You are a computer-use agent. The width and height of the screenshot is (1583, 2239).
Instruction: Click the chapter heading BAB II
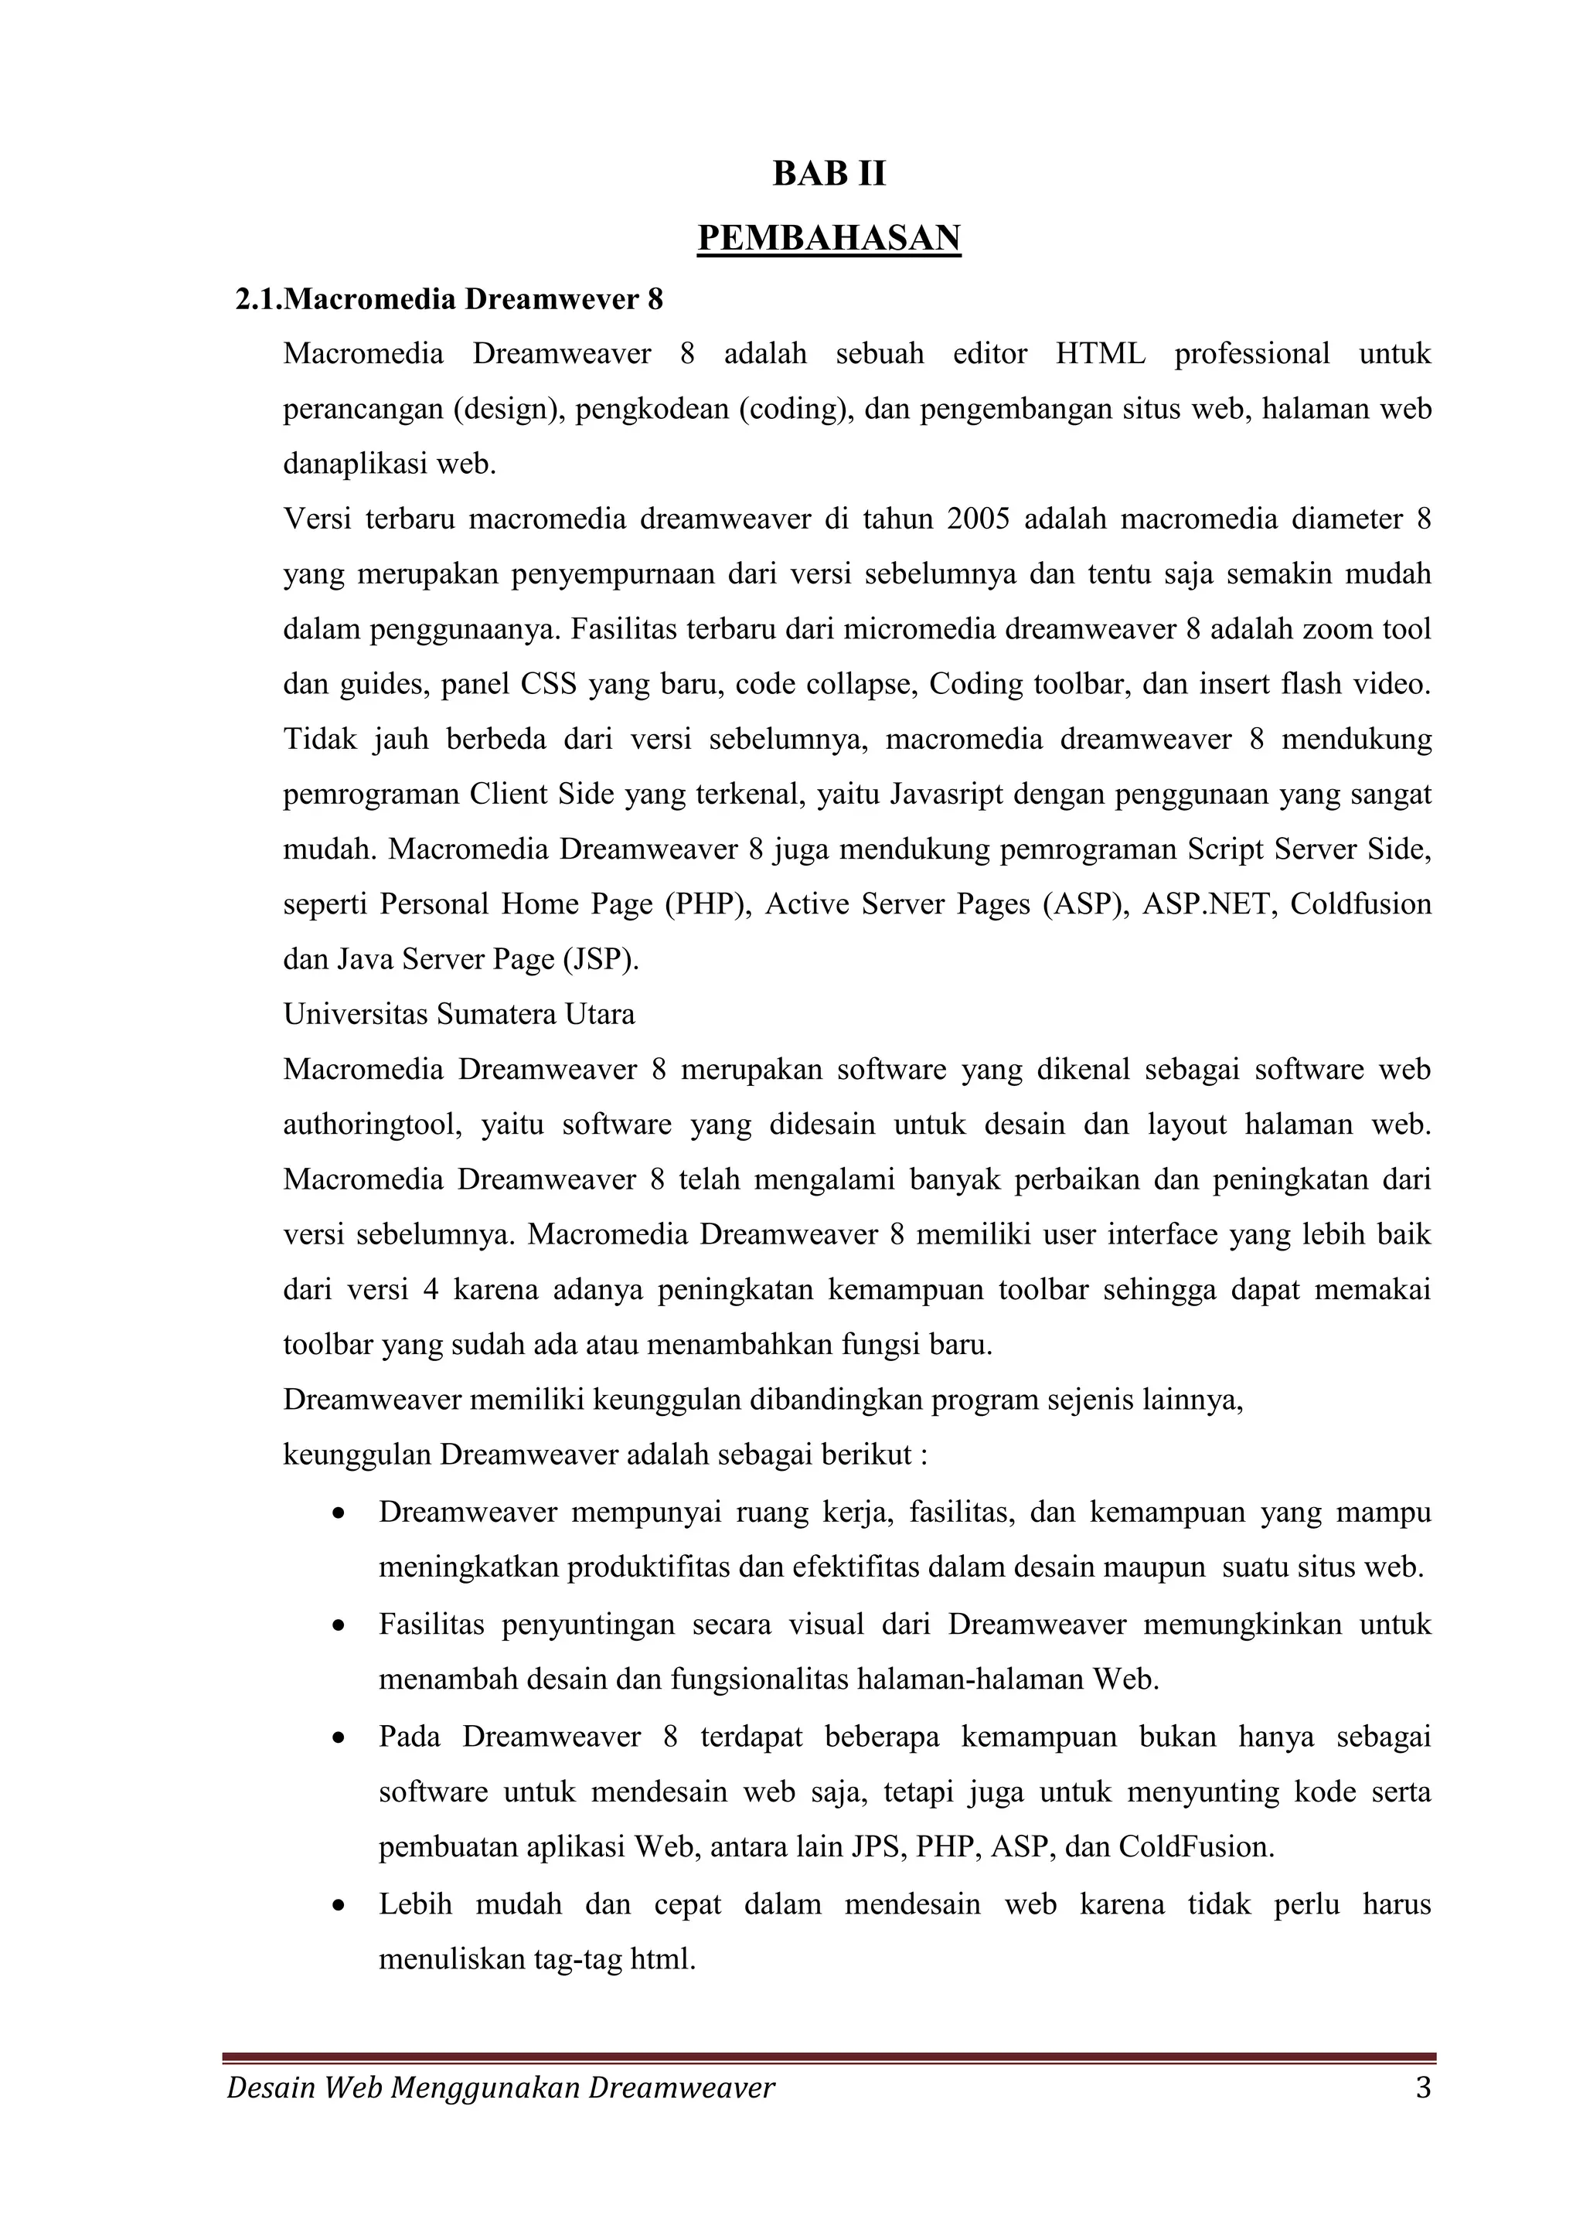[x=829, y=174]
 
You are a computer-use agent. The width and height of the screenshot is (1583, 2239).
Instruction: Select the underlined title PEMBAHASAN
[x=829, y=238]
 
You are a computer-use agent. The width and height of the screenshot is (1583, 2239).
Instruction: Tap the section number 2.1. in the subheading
[x=258, y=299]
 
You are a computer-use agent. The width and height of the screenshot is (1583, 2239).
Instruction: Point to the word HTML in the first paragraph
[x=1100, y=353]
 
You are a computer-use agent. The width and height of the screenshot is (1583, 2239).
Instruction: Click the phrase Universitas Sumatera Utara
[x=458, y=1014]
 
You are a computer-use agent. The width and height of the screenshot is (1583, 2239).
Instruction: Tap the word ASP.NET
[x=1207, y=904]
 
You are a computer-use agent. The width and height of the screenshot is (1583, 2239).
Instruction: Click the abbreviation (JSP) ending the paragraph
[x=601, y=960]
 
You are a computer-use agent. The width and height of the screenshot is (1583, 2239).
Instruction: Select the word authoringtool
[x=372, y=1125]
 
